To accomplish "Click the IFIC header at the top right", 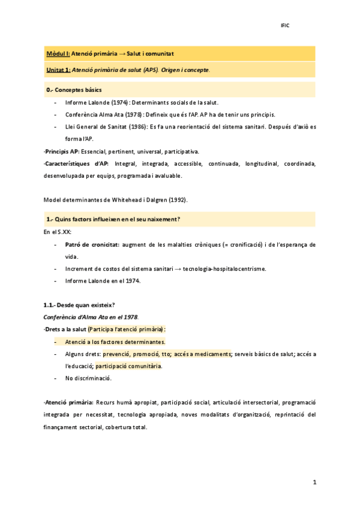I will (285, 25).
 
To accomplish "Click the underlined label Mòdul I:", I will (58, 54).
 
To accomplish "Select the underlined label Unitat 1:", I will (58, 70).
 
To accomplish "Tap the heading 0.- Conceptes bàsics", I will (74, 90).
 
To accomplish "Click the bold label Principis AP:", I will (62, 151).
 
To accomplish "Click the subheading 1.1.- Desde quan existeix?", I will (76, 305).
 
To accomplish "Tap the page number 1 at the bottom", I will (314, 482).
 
